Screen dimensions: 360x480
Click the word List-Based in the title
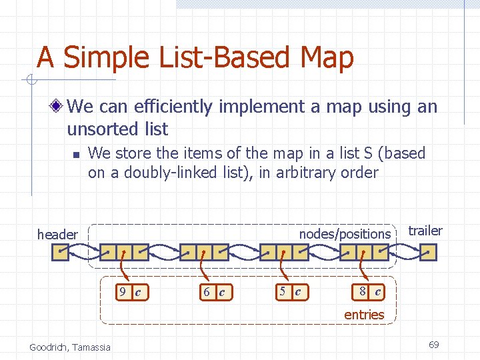tap(211, 57)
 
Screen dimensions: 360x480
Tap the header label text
tap(57, 234)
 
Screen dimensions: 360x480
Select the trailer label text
tap(425, 231)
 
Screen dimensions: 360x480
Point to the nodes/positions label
tap(345, 234)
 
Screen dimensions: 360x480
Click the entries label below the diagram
tap(364, 315)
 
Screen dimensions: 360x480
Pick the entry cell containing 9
tap(122, 292)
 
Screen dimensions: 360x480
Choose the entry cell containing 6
tap(207, 292)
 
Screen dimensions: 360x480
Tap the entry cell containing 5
tap(283, 291)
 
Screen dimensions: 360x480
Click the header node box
tap(61, 252)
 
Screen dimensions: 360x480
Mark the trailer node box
tap(429, 252)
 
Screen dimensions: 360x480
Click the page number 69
tap(433, 345)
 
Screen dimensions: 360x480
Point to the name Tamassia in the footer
tap(93, 347)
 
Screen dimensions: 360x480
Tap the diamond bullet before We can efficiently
tap(59, 107)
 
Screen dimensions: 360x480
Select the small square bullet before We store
tap(75, 154)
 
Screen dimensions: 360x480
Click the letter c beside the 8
tap(377, 291)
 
